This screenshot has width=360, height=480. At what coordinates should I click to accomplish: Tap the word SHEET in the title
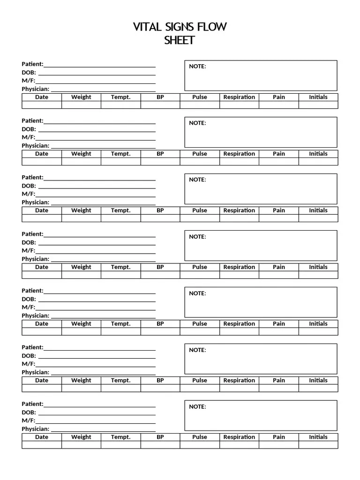click(x=179, y=40)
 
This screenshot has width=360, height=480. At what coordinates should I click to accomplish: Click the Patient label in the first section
click(x=32, y=64)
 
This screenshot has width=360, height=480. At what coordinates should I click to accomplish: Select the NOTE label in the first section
click(x=197, y=67)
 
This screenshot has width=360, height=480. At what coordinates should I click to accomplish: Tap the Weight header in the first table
click(x=81, y=97)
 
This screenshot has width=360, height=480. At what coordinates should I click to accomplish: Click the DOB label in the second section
click(x=29, y=129)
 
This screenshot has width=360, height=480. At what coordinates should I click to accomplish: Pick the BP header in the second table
click(x=160, y=154)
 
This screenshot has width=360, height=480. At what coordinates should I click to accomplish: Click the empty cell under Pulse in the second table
click(x=200, y=162)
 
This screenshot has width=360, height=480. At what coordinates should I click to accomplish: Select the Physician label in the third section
click(x=35, y=202)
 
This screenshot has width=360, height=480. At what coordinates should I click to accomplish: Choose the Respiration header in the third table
click(x=239, y=210)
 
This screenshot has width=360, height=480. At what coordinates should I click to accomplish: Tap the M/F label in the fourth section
click(x=28, y=251)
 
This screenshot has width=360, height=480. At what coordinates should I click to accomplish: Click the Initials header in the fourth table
click(x=318, y=267)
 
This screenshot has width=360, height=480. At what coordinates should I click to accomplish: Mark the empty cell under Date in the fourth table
click(x=42, y=275)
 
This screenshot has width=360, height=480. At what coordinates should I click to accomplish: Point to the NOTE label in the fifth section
click(x=197, y=293)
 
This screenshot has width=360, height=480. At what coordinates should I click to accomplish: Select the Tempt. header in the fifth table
click(x=120, y=324)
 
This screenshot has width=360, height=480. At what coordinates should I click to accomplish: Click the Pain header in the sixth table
click(x=279, y=381)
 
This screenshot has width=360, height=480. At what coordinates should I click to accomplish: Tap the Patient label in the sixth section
click(x=32, y=347)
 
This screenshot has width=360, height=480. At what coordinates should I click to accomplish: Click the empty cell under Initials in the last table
click(x=318, y=445)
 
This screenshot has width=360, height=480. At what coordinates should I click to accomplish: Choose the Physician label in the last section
click(x=35, y=429)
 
